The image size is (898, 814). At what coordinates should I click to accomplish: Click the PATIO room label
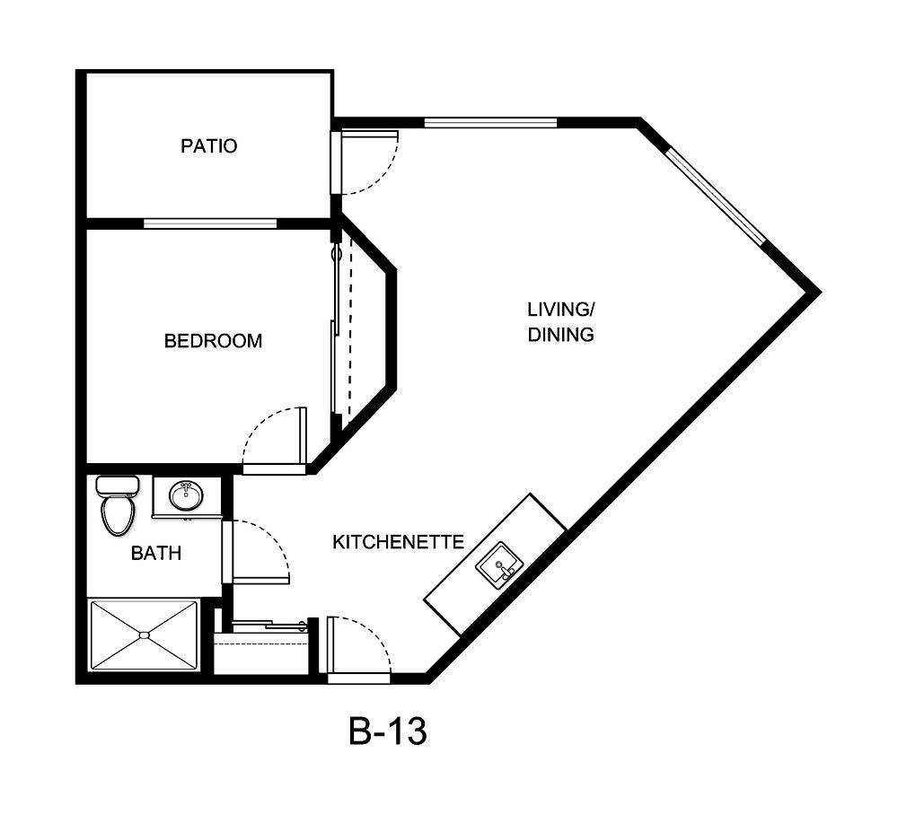(209, 145)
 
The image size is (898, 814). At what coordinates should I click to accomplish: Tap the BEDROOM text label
(213, 341)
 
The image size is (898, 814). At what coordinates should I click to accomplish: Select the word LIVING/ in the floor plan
(560, 311)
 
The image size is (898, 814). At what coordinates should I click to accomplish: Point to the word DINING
(560, 336)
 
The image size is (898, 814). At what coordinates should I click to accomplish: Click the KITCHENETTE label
(398, 542)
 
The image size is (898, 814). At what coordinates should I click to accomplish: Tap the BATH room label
(156, 553)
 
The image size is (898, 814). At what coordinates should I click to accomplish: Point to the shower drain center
(144, 635)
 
